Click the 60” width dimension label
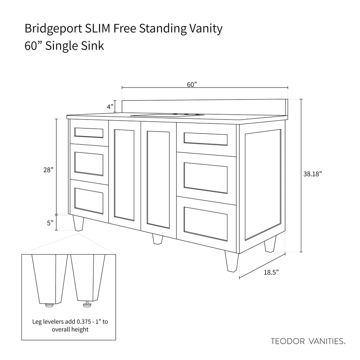click(192, 84)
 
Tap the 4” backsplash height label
click(110, 107)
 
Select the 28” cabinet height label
click(49, 170)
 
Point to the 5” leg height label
click(50, 223)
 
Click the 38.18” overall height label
click(313, 174)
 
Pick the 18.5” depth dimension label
click(271, 272)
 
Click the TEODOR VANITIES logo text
click(308, 341)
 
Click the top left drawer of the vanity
click(89, 133)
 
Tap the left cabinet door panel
click(124, 175)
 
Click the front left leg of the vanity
click(78, 223)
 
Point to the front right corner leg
click(232, 261)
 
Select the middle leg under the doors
click(157, 239)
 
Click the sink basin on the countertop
click(167, 115)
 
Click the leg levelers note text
click(70, 326)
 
